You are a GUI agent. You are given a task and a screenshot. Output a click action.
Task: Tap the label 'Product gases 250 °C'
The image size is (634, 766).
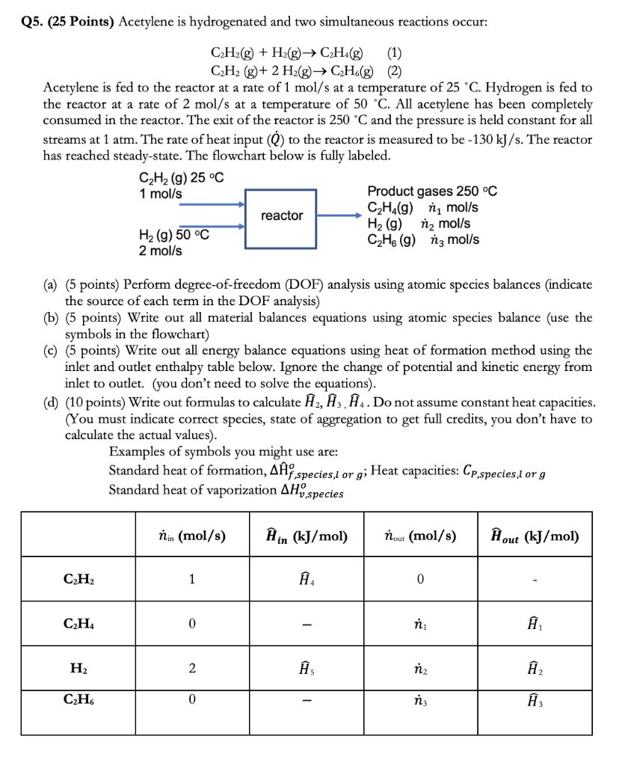click(431, 191)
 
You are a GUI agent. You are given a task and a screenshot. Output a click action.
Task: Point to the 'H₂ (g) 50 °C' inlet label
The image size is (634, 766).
click(173, 235)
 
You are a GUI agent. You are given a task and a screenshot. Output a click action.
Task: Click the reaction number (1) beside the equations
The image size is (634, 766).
click(395, 53)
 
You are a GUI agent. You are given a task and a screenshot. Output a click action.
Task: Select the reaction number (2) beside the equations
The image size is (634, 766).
click(395, 72)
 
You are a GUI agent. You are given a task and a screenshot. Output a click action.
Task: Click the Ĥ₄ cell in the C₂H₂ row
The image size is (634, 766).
click(305, 578)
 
